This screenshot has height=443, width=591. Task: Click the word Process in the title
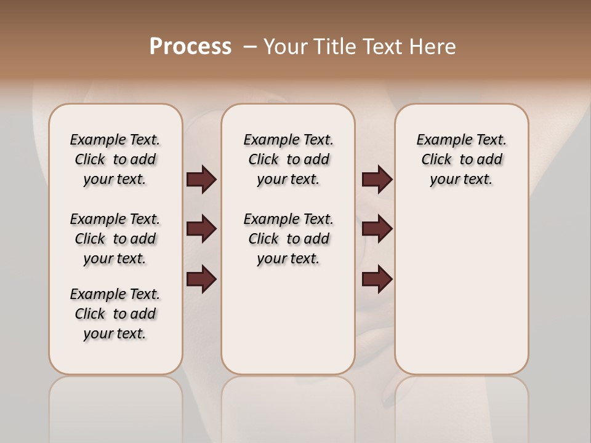point(190,46)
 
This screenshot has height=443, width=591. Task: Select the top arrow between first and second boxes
point(201,180)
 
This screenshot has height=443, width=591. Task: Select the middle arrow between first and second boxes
point(201,229)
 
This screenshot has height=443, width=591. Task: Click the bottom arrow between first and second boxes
point(201,279)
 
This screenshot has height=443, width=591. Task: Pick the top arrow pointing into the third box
point(377,180)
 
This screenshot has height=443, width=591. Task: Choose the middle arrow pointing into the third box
point(377,229)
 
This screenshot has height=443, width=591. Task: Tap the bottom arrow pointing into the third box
point(377,279)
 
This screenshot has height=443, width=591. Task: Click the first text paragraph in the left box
point(115,159)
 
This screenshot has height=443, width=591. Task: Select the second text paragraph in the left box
point(115,239)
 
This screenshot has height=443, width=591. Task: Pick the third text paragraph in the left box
point(115,314)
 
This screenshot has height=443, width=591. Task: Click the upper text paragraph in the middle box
point(288,159)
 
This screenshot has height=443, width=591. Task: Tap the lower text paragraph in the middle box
point(288,239)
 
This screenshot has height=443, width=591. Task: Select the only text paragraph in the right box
point(461,159)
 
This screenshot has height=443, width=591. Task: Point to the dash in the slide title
point(250,47)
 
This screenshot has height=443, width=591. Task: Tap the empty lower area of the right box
point(461,289)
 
